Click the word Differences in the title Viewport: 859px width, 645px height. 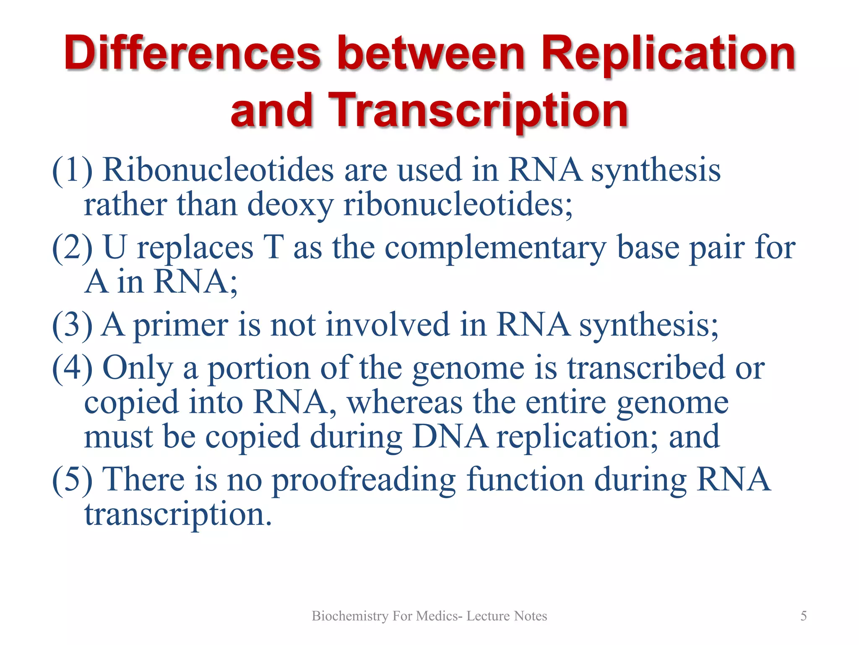(x=192, y=54)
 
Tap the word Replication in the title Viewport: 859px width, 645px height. (x=668, y=54)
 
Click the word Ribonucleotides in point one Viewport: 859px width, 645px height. (x=218, y=170)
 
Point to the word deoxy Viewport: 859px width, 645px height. (x=290, y=205)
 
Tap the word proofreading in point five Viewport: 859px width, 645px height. (x=364, y=480)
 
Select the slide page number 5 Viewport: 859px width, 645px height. (x=803, y=616)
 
